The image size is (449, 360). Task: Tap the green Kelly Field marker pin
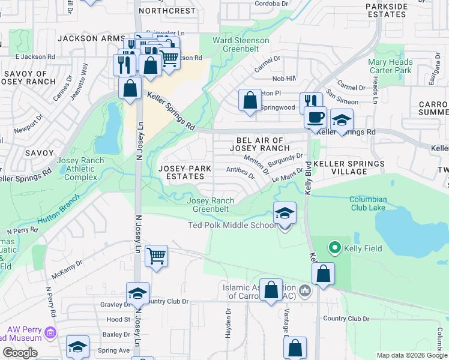click(334, 247)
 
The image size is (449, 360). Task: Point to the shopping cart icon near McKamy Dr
click(156, 256)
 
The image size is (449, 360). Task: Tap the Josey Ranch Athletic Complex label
click(80, 169)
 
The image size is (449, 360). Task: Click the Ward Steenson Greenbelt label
click(241, 44)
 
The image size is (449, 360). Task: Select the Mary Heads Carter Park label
click(390, 66)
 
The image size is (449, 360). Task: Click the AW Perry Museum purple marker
click(50, 332)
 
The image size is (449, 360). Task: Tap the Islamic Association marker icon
click(305, 292)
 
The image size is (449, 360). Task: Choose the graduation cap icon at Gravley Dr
click(137, 293)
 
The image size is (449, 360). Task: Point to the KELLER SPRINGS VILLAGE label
click(349, 167)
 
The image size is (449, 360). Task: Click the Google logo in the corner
click(20, 352)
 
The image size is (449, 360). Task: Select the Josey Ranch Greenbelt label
click(211, 205)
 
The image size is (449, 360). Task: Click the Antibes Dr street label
click(241, 172)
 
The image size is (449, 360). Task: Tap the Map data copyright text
click(411, 355)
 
